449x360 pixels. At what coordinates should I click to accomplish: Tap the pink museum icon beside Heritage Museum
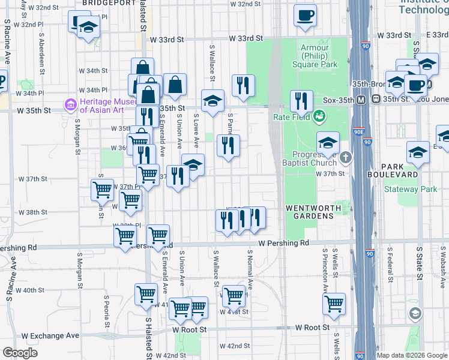point(71,106)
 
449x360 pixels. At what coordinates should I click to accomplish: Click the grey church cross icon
point(345,158)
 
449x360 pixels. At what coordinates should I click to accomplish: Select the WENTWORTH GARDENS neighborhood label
point(313,208)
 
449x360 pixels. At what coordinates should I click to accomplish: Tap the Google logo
point(20,353)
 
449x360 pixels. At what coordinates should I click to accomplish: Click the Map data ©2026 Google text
point(411,355)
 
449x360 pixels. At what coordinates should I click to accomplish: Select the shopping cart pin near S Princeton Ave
point(334,303)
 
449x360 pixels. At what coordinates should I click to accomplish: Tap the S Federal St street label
point(391,263)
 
